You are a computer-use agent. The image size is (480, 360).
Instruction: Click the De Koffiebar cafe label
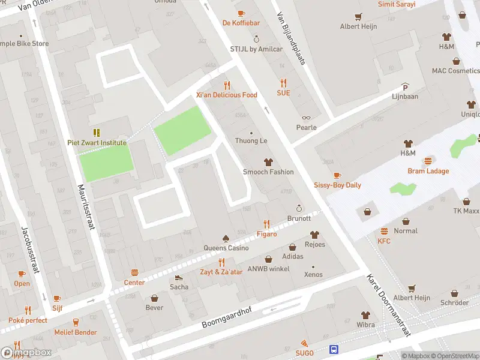click(x=241, y=23)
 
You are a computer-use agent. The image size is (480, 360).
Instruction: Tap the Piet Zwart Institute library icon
click(x=96, y=132)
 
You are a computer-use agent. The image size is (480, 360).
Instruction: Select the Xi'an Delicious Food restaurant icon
click(x=227, y=85)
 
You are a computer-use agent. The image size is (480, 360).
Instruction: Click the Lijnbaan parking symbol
click(x=405, y=86)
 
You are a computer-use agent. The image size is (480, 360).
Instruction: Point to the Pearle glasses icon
click(x=306, y=118)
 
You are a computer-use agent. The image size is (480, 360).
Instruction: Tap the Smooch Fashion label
click(x=268, y=172)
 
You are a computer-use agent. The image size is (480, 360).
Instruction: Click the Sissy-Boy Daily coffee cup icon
click(x=337, y=175)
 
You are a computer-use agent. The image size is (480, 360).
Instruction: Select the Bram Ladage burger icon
click(x=428, y=161)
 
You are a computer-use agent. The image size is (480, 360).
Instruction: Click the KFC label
click(x=384, y=241)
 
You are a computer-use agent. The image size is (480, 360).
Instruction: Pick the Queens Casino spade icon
click(x=226, y=238)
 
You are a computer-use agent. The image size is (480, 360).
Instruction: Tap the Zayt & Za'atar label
click(x=221, y=272)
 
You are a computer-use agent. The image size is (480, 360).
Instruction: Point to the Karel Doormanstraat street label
click(x=389, y=306)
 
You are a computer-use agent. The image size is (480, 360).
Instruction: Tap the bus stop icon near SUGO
click(x=333, y=349)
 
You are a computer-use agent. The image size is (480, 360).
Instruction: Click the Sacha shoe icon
click(x=178, y=277)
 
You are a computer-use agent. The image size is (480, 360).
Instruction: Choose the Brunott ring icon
click(x=299, y=208)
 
